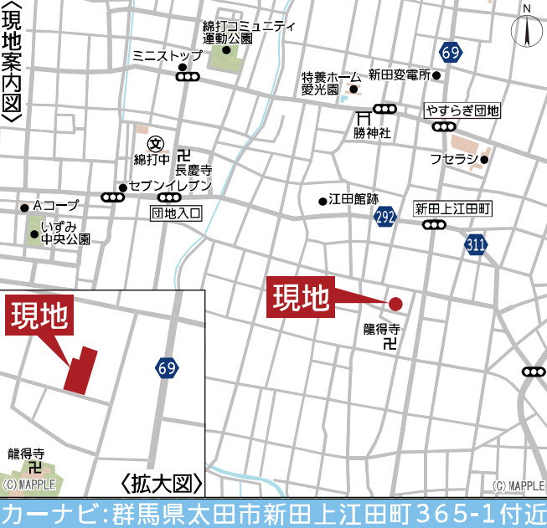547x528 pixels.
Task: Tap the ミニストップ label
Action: (x=168, y=56)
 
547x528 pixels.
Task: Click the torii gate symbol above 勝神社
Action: (x=364, y=118)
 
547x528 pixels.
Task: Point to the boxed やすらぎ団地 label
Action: (x=462, y=110)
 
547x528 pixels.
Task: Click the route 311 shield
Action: (x=476, y=244)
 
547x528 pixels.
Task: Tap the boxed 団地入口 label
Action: (x=177, y=213)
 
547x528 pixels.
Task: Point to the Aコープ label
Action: (x=55, y=206)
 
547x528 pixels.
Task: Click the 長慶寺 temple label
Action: (x=194, y=169)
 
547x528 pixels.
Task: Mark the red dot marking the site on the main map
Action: (x=395, y=304)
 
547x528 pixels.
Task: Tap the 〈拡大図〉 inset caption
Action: (x=162, y=484)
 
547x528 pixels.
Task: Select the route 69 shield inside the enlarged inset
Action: (x=166, y=367)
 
